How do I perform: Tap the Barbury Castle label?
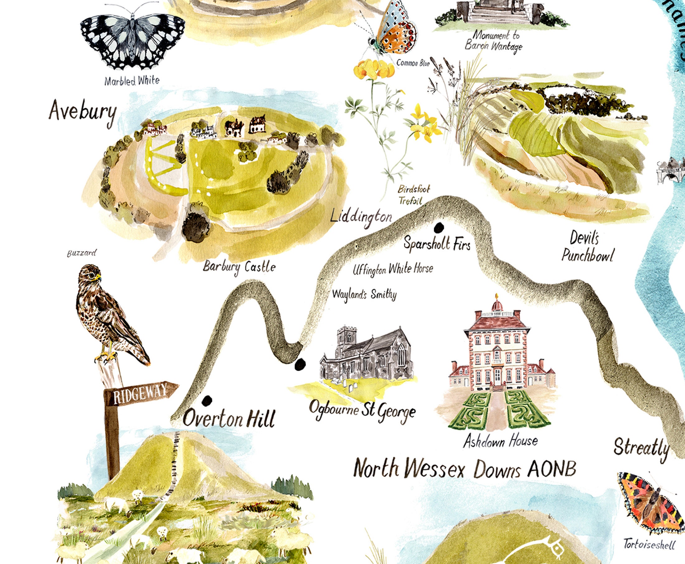(x=239, y=267)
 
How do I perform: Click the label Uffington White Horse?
(x=393, y=269)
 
